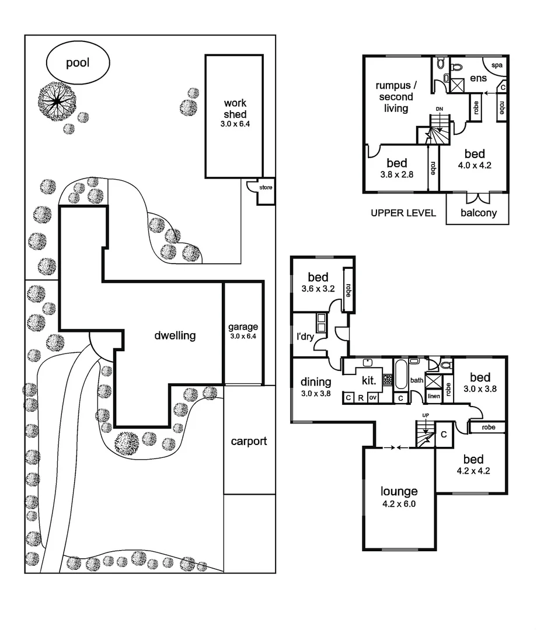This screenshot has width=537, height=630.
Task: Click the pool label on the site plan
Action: pyautogui.click(x=78, y=62)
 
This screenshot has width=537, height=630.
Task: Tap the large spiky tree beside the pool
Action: pyautogui.click(x=57, y=101)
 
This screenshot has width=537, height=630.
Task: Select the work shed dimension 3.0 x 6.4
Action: pyautogui.click(x=235, y=124)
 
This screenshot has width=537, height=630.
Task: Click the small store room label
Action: pyautogui.click(x=266, y=188)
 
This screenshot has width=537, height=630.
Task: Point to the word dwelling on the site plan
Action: pyautogui.click(x=175, y=335)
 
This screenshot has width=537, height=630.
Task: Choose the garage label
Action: pyautogui.click(x=243, y=327)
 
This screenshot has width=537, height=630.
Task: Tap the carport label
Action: pyautogui.click(x=249, y=441)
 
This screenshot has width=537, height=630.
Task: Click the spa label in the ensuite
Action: pyautogui.click(x=496, y=65)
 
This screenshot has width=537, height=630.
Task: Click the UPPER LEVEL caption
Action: pyautogui.click(x=403, y=213)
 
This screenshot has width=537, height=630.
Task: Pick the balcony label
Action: pyautogui.click(x=479, y=213)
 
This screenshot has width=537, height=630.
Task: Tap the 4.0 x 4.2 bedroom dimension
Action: pyautogui.click(x=475, y=164)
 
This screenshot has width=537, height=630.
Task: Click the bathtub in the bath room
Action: pyautogui.click(x=401, y=376)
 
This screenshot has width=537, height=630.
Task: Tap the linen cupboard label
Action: pyautogui.click(x=433, y=397)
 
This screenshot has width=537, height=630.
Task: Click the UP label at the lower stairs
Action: pyautogui.click(x=426, y=415)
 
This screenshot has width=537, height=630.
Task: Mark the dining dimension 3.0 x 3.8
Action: pyautogui.click(x=316, y=394)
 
